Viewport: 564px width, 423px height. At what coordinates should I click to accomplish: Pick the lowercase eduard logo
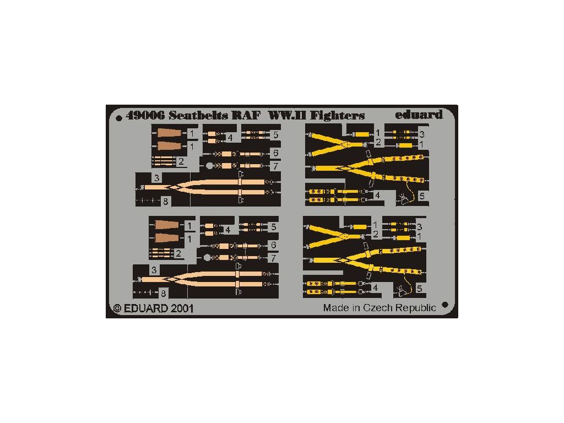[x=419, y=115]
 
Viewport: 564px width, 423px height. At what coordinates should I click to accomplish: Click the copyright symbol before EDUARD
[x=116, y=308]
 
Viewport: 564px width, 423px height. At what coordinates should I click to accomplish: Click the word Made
[x=335, y=308]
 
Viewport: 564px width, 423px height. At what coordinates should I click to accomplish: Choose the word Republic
[x=417, y=308]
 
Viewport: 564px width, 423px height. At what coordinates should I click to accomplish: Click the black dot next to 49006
[x=118, y=116]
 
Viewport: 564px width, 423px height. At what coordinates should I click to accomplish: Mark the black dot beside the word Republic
[x=445, y=305]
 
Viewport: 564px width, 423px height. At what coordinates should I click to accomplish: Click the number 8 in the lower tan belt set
[x=163, y=293]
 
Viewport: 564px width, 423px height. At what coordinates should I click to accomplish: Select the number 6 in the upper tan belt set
[x=274, y=153]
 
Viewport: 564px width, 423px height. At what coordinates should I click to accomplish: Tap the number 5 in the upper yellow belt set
[x=421, y=196]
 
